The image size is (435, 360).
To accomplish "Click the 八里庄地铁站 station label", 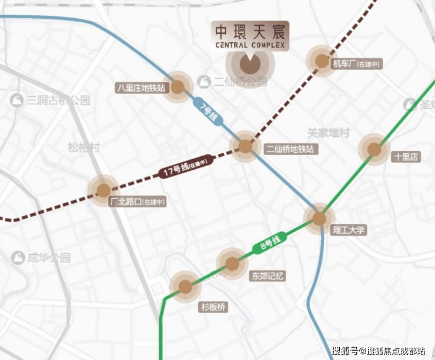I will pos(142,88).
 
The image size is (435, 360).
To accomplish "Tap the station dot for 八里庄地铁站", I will pos(178,87).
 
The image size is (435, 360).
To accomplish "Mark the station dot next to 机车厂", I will pos(322,61).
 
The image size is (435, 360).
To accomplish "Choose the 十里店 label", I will pos(406,157).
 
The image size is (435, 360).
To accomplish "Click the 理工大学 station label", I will pos(349,230).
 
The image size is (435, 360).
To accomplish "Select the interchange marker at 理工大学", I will pos(319,219).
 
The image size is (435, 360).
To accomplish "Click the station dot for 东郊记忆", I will pos(232,264).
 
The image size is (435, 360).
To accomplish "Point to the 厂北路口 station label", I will pos(138,201).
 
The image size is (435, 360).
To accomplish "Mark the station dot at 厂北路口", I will pos(103,190).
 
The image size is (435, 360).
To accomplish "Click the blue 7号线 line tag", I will pos(209,112).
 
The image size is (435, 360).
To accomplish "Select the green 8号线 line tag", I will pos(270,243).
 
